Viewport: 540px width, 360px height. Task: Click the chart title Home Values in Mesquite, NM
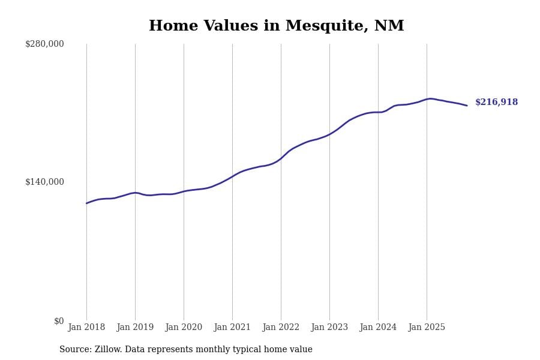(276, 26)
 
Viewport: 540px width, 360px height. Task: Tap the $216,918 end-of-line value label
(496, 103)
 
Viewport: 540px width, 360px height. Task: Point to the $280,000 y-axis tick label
(44, 44)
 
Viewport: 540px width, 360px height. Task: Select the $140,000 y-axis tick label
(44, 182)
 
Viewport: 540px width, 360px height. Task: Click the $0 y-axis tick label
(59, 321)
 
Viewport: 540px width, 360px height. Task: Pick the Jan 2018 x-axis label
(86, 328)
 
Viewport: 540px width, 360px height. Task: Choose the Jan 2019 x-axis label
(135, 328)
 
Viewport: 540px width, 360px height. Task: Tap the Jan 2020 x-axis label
(184, 328)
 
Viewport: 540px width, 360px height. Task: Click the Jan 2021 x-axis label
(232, 328)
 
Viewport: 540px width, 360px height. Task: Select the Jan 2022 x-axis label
(281, 328)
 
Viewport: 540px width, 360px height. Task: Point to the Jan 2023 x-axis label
(329, 328)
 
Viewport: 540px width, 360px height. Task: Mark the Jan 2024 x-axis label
(378, 328)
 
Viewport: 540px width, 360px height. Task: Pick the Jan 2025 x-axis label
(427, 328)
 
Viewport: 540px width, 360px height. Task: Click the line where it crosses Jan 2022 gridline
(281, 158)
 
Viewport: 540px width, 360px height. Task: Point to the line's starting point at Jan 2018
(86, 203)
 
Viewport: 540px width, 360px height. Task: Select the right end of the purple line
(467, 106)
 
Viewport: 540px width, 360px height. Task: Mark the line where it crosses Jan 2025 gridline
(427, 99)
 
